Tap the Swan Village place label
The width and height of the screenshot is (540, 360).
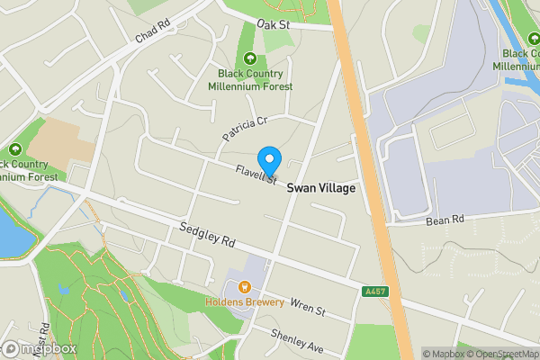(x=321, y=189)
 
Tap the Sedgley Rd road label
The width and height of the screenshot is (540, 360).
(x=206, y=237)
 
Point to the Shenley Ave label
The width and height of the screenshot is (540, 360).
(x=297, y=341)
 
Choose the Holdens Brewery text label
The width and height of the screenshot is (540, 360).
(x=245, y=302)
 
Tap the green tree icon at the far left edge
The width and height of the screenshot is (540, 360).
(x=15, y=149)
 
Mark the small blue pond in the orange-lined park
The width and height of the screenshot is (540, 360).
(x=63, y=292)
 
